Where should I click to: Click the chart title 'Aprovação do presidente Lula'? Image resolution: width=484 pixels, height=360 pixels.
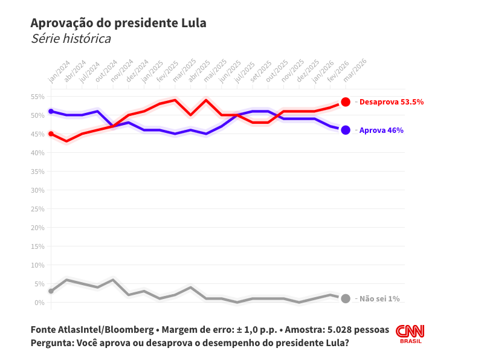118,23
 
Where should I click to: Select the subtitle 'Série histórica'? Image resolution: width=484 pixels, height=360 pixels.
71,39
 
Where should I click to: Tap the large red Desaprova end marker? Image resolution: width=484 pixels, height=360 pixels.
346,102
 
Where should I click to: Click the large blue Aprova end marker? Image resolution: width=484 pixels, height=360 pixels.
346,130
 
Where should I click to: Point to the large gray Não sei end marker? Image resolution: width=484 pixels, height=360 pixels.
346,298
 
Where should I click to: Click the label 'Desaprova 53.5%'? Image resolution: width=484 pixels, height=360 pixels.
391,102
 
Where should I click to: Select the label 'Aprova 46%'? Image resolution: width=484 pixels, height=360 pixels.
381,130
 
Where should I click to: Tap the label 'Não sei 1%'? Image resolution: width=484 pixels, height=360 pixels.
379,298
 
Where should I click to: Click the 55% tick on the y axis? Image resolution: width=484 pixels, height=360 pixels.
37,97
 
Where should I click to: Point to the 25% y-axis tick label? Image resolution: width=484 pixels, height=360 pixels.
37,209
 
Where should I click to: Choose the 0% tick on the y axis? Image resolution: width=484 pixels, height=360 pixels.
39,303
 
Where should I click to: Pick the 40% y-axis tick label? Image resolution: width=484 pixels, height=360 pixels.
37,153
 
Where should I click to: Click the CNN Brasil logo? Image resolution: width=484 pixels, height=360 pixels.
410,334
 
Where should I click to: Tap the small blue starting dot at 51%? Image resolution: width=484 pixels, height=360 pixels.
51,111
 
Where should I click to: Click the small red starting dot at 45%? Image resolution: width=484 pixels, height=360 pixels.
51,134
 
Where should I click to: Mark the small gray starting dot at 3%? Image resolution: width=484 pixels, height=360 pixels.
51,291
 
